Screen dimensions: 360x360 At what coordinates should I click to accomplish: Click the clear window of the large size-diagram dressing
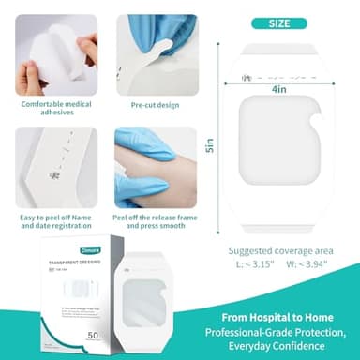pyautogui.click(x=279, y=138)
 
